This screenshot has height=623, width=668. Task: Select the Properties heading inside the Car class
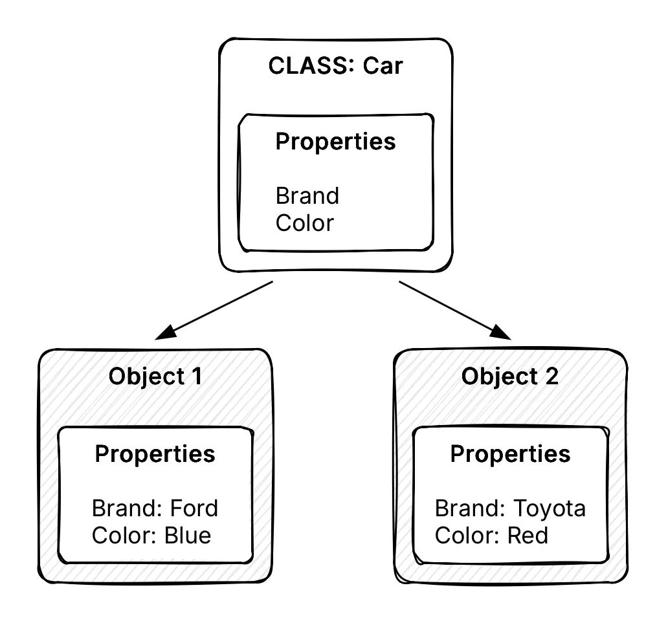point(335,142)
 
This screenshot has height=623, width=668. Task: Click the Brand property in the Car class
point(307,195)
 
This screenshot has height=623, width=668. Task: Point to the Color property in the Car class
point(304,223)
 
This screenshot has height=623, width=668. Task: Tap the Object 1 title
point(155,377)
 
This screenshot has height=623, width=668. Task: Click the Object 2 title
point(509,377)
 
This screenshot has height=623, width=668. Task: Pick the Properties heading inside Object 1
point(155,454)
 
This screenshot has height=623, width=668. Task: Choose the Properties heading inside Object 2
point(510,454)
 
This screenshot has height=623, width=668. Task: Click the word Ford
point(194,508)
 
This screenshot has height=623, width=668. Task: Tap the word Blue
point(187,536)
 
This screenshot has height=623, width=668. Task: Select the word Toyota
point(549,508)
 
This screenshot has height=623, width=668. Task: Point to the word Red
point(528,536)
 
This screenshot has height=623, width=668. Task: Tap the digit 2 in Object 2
point(550,377)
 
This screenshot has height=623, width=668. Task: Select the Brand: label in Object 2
point(470,508)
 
